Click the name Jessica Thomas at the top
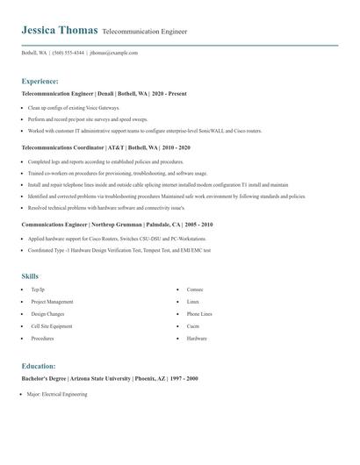pos(60,30)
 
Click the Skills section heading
pos(30,276)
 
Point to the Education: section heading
pos(39,366)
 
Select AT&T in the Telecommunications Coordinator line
pos(117,148)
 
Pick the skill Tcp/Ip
pos(37,289)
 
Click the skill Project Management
pos(52,301)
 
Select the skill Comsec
pos(195,289)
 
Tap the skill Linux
pos(192,301)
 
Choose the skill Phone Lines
pos(199,313)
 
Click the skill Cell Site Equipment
pos(52,325)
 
